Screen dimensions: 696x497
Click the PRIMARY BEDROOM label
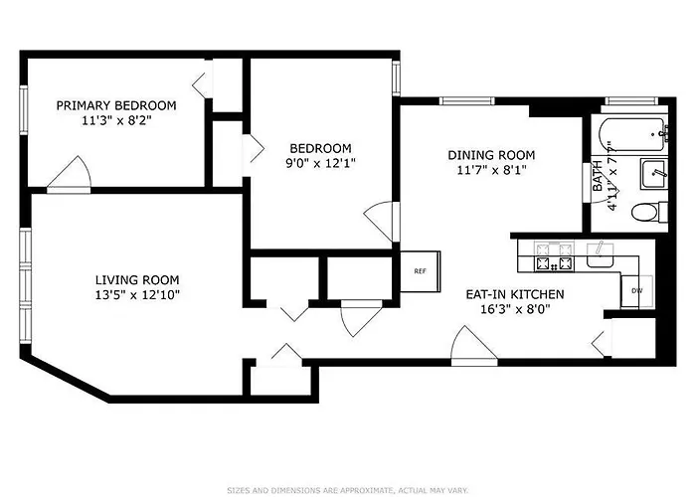point(116,105)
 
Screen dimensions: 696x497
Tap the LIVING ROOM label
point(137,280)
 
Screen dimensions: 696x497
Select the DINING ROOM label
point(491,155)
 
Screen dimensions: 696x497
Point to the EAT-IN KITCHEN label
point(515,294)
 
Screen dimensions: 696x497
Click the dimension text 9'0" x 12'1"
point(320,163)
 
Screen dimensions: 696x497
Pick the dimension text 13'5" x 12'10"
point(137,294)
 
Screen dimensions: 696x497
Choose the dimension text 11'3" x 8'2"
point(116,120)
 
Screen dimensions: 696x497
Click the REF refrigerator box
point(421,271)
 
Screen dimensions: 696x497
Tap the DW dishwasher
point(636,291)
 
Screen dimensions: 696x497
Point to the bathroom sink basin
point(654,174)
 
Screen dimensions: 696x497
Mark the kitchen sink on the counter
point(601,255)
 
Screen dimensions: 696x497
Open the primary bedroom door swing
point(70,174)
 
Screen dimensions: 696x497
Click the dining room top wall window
point(466,100)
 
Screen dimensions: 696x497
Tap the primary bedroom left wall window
point(24,110)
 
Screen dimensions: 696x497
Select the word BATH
point(598,176)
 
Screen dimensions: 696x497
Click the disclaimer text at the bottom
point(348,490)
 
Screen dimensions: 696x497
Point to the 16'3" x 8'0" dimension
point(515,309)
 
